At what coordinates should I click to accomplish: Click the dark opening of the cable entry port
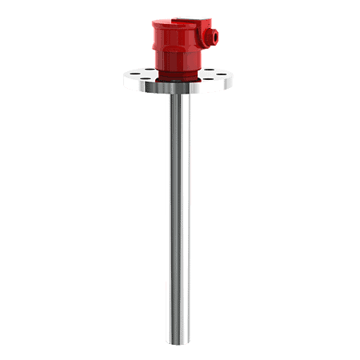[214, 36]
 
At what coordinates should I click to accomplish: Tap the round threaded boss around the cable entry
[212, 36]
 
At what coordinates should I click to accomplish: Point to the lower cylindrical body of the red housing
[178, 64]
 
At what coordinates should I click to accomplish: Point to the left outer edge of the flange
[126, 80]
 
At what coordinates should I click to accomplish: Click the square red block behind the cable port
[202, 34]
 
